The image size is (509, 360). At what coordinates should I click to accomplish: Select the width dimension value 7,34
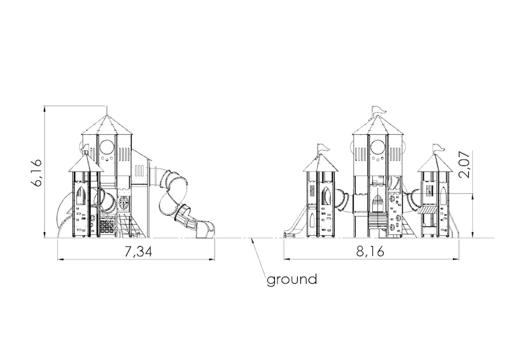tap(138, 252)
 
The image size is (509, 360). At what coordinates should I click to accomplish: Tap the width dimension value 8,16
tap(370, 251)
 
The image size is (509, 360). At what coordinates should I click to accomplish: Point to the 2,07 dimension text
tap(464, 164)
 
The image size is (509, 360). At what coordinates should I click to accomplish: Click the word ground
tap(292, 279)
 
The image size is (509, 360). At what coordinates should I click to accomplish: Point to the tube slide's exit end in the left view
tap(206, 230)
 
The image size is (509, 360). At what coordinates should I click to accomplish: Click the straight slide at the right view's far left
tap(295, 222)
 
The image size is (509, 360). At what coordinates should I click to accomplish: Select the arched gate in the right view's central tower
tap(378, 202)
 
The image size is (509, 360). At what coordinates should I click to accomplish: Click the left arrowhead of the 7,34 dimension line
tap(60, 259)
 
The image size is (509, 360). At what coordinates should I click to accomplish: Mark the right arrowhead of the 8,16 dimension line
tap(456, 259)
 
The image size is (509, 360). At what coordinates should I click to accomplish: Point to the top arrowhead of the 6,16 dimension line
tap(45, 109)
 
